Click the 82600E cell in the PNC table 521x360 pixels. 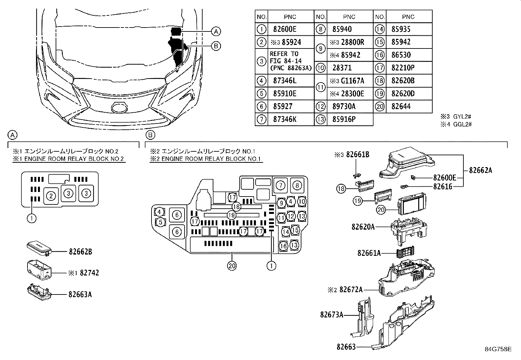tap(284, 29)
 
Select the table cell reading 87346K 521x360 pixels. tap(284, 119)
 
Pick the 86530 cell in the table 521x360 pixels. tap(401, 55)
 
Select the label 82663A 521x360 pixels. tap(80, 294)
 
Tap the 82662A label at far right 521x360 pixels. tap(480, 170)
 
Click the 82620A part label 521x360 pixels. tap(363, 227)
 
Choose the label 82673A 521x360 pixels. tap(332, 315)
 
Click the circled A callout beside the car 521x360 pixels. tap(216, 31)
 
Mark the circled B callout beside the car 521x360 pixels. tap(216, 46)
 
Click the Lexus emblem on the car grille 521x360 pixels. tap(119, 108)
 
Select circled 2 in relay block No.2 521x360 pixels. tap(51, 196)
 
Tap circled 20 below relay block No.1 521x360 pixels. tap(232, 266)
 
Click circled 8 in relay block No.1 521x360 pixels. tap(297, 185)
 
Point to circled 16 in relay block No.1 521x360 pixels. tap(284, 246)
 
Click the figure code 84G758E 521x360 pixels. tap(498, 349)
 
